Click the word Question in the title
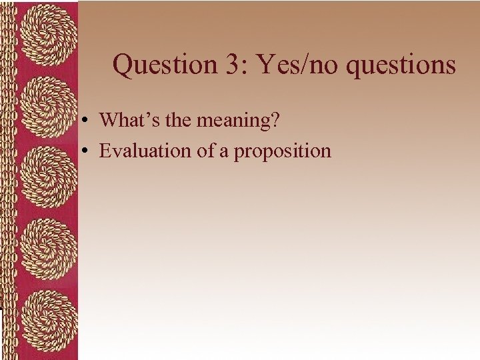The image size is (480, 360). (x=157, y=65)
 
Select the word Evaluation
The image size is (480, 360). (x=145, y=151)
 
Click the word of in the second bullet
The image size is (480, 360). (x=205, y=151)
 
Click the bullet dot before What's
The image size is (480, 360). (x=87, y=121)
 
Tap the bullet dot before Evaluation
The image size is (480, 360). (x=87, y=152)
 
